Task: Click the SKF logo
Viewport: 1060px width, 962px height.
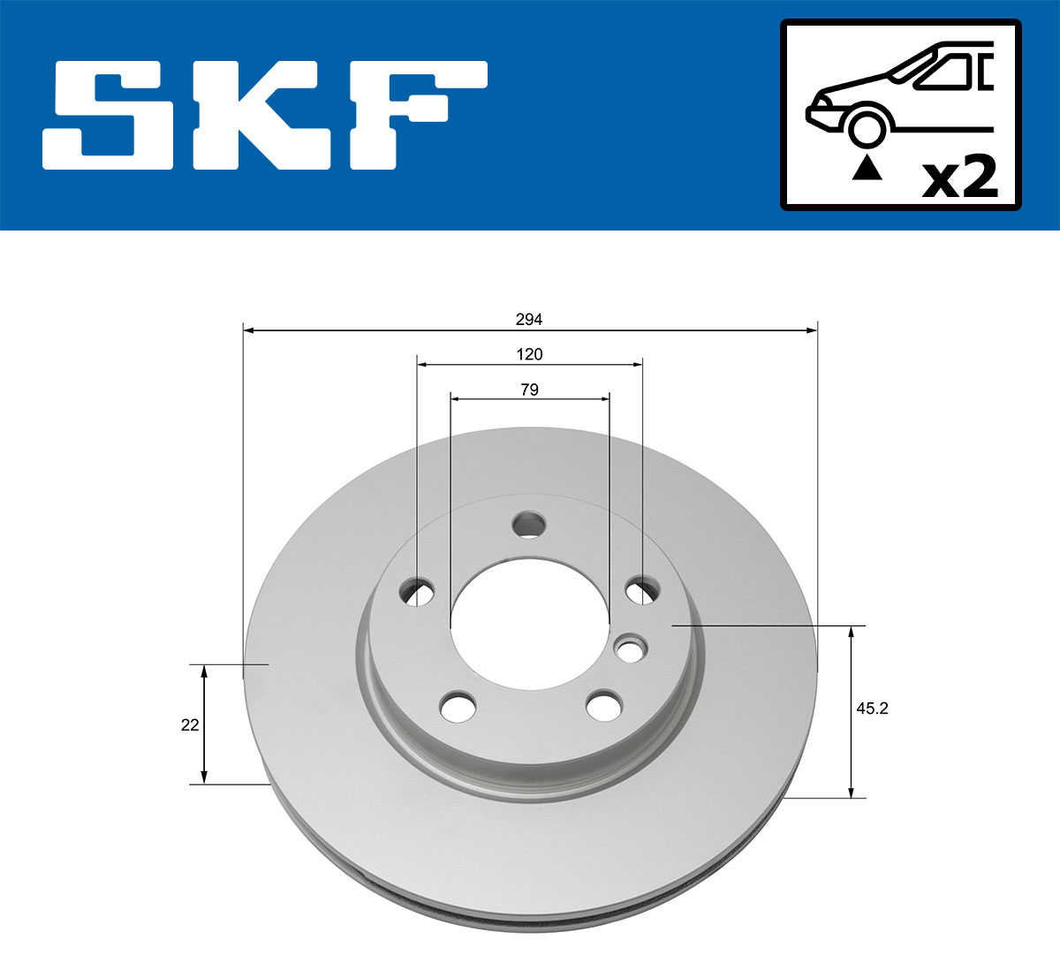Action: point(265,115)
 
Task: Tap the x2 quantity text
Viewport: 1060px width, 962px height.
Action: point(959,178)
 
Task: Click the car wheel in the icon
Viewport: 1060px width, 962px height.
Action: point(867,126)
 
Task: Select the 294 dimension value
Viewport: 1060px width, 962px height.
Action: point(529,319)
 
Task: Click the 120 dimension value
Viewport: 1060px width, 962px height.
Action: point(529,354)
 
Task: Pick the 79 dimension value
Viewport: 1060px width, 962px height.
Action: point(529,390)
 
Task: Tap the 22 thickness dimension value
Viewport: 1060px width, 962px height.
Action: point(189,724)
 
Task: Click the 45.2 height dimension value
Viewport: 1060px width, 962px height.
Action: point(872,708)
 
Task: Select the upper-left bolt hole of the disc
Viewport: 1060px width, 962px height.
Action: point(417,591)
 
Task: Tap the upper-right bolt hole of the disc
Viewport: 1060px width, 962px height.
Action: point(642,590)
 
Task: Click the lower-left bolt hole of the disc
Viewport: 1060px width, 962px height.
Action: point(458,706)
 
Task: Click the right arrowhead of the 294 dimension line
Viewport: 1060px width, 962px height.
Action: point(812,330)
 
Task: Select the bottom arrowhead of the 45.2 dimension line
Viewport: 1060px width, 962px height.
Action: point(852,792)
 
